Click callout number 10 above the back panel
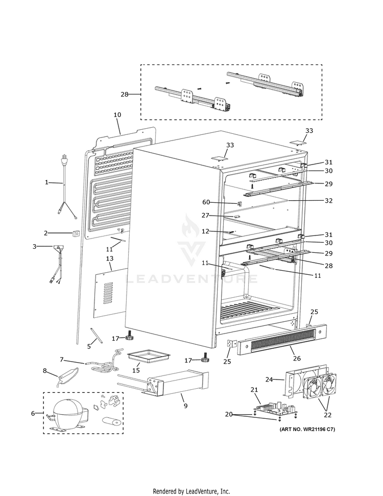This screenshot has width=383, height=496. tap(117, 115)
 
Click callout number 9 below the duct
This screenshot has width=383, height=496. tap(185, 406)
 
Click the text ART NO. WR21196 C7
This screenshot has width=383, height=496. tap(307, 429)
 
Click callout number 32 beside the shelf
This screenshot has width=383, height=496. tap(328, 201)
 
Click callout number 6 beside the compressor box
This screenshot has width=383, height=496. tap(34, 413)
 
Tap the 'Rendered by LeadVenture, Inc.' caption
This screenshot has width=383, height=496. tap(192, 491)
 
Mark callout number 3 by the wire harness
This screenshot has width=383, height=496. tap(35, 247)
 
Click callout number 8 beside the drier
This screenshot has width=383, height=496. tap(45, 371)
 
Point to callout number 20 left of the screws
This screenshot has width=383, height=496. tap(228, 414)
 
